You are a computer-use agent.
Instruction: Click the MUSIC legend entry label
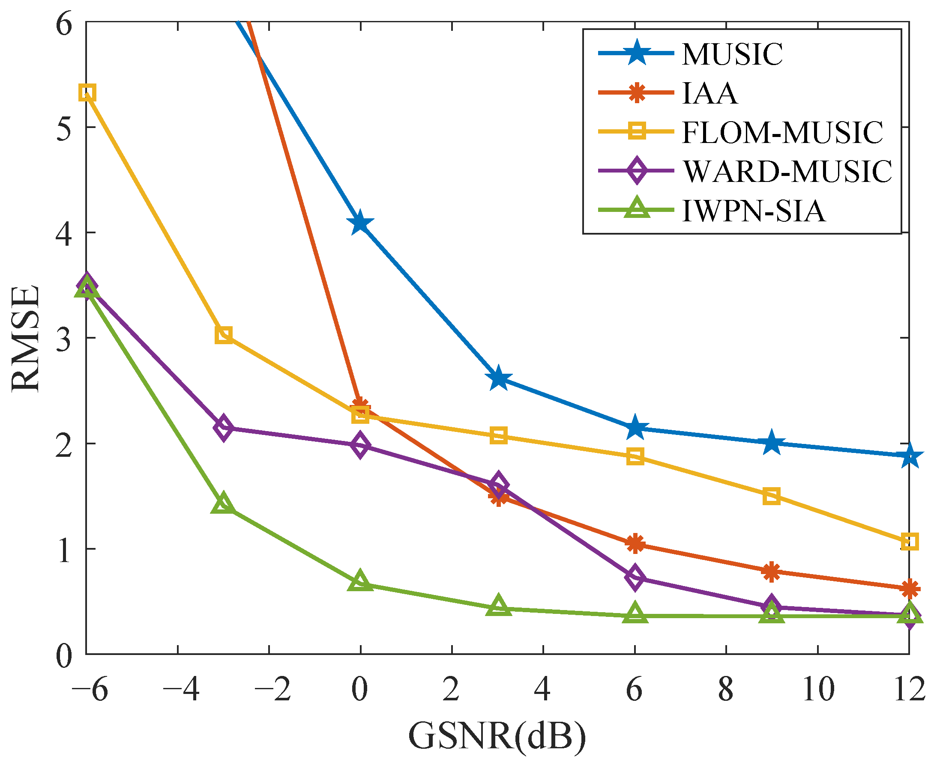pos(732,55)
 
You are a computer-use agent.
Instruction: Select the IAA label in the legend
pos(709,93)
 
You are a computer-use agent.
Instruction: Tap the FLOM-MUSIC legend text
pos(782,133)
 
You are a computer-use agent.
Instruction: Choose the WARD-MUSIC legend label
pos(787,171)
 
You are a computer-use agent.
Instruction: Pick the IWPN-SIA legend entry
pos(754,211)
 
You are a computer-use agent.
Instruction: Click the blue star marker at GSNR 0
pos(360,223)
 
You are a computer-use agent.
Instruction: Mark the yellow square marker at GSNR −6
pos(87,93)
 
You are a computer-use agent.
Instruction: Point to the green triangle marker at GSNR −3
pos(224,504)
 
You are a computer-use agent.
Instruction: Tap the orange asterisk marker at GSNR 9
pos(771,572)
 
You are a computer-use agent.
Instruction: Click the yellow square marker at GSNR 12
pos(909,542)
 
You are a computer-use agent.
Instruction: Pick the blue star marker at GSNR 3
pos(498,378)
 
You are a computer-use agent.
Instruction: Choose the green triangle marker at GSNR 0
pos(360,581)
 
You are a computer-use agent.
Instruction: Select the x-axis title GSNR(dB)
pos(497,736)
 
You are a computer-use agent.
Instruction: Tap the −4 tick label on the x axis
pos(181,690)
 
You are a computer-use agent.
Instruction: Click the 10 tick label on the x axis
pos(818,690)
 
